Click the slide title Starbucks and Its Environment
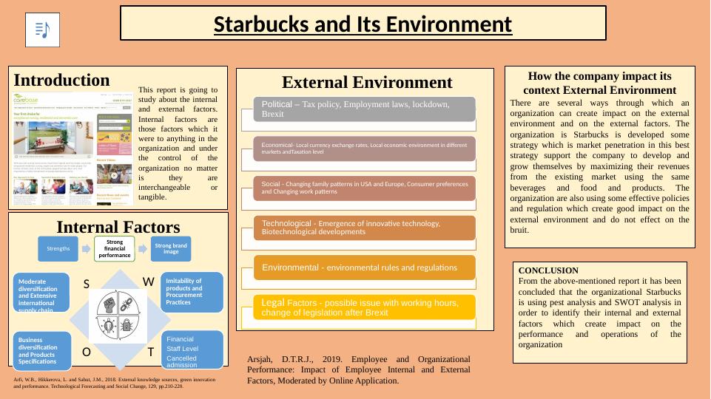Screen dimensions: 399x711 (x=363, y=24)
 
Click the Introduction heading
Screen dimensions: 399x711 (x=61, y=80)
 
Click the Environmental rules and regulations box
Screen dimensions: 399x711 (x=364, y=267)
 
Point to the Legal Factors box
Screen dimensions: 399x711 (x=364, y=307)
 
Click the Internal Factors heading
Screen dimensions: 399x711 (x=118, y=226)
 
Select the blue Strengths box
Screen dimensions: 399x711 (x=58, y=248)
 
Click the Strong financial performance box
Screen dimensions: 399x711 (x=115, y=248)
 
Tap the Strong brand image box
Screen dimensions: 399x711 (x=171, y=248)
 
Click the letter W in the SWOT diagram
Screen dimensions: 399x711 (x=148, y=282)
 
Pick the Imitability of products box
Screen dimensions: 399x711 (x=193, y=292)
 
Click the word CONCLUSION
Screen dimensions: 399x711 (x=548, y=270)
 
